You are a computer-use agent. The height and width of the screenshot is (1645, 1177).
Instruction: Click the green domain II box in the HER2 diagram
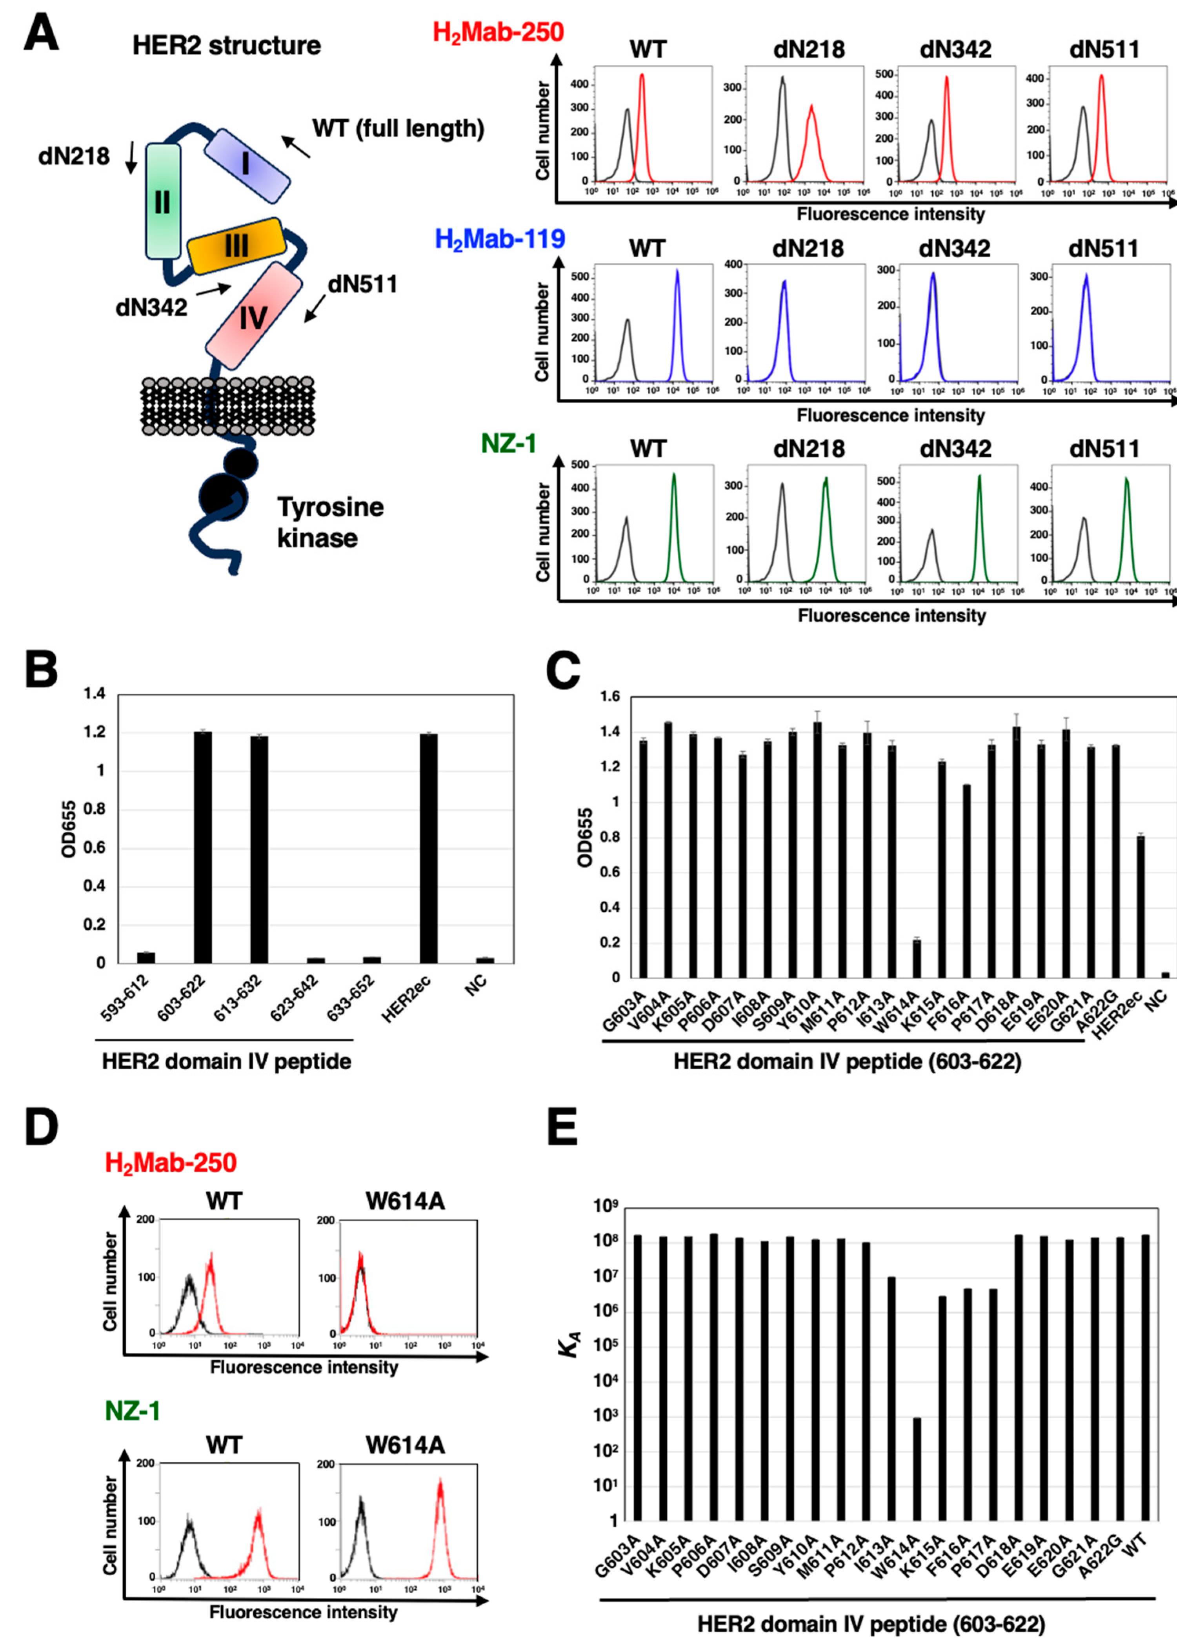tap(162, 201)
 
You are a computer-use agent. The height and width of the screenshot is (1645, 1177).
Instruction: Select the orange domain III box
tap(236, 245)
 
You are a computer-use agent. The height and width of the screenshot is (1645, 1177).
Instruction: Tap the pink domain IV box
tap(253, 316)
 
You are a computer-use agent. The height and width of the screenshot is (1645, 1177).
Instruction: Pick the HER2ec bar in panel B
tap(428, 848)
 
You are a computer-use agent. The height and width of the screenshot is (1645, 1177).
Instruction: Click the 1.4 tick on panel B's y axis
tap(94, 694)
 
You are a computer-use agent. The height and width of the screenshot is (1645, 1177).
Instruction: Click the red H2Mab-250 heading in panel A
tap(498, 33)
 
